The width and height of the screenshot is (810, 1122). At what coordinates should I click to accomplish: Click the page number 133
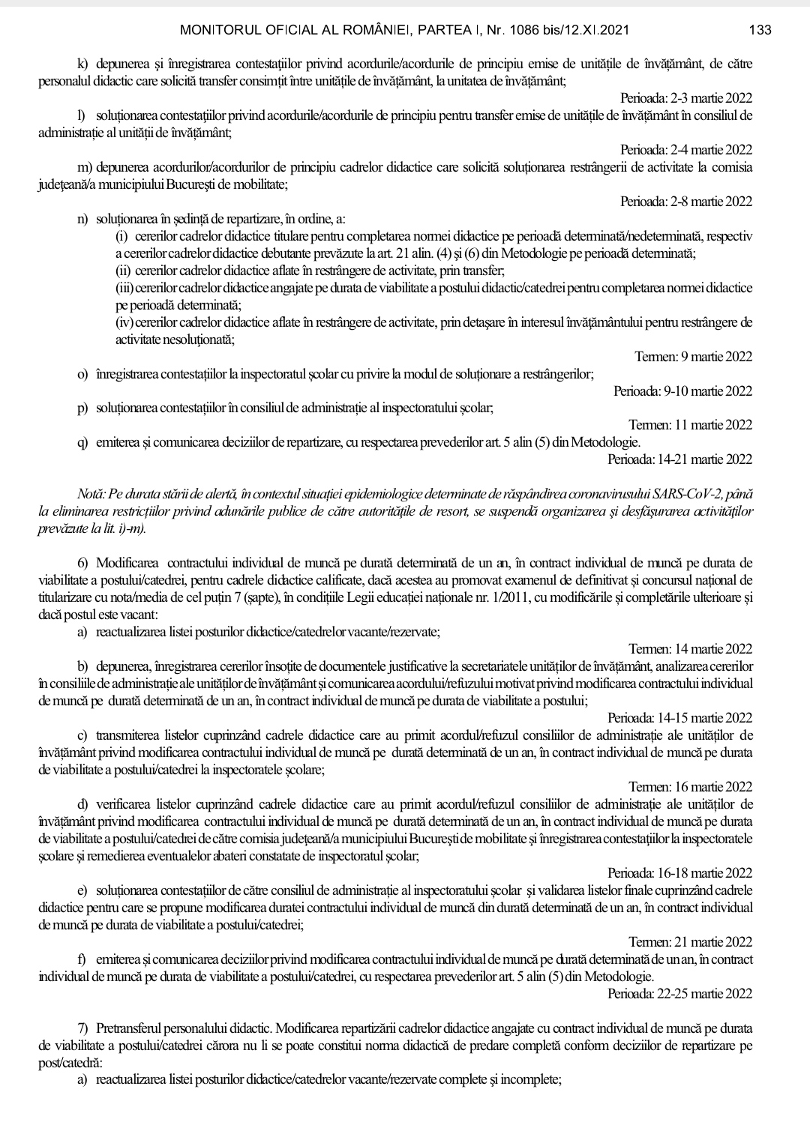click(x=760, y=31)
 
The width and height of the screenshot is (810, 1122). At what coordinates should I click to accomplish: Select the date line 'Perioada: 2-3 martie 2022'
click(x=685, y=98)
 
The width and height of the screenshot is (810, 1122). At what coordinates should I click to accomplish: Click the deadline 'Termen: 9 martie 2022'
click(x=693, y=357)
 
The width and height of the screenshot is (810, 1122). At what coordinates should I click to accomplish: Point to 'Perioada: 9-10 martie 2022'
click(x=682, y=391)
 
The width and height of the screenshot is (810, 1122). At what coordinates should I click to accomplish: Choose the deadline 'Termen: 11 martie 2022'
click(x=690, y=425)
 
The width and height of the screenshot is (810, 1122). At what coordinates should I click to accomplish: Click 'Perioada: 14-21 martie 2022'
click(x=679, y=459)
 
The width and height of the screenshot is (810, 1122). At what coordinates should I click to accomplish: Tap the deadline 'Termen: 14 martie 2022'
click(x=690, y=649)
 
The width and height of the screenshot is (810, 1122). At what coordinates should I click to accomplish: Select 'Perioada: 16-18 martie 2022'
click(x=679, y=873)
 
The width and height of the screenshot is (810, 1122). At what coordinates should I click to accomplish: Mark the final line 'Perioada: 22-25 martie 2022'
click(x=679, y=994)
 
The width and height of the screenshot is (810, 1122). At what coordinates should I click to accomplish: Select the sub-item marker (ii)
click(x=122, y=271)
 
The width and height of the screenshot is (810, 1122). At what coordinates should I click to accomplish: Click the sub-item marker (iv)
click(x=124, y=322)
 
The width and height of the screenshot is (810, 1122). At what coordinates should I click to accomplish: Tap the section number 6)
click(x=82, y=563)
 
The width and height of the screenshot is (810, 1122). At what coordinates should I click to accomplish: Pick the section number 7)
click(x=82, y=1028)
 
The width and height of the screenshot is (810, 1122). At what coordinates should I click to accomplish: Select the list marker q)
click(x=82, y=443)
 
